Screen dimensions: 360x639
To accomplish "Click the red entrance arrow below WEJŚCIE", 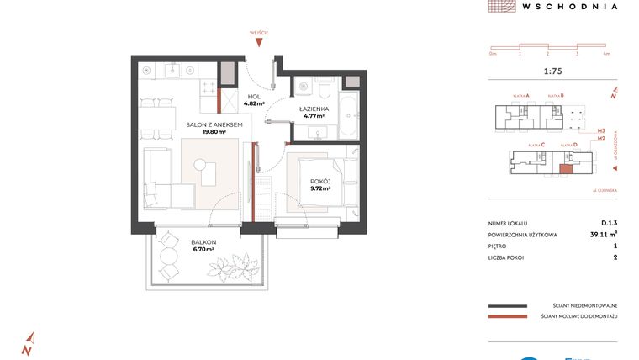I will [x=259, y=44].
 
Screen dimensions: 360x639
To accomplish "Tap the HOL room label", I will [x=255, y=97].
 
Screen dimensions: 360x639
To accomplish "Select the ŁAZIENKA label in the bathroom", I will [x=313, y=109].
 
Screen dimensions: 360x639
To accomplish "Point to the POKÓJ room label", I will [x=320, y=181].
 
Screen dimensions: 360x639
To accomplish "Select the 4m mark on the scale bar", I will [x=606, y=53].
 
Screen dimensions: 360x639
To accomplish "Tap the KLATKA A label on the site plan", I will [x=534, y=95].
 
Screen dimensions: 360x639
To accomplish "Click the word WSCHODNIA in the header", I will [x=569, y=6].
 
